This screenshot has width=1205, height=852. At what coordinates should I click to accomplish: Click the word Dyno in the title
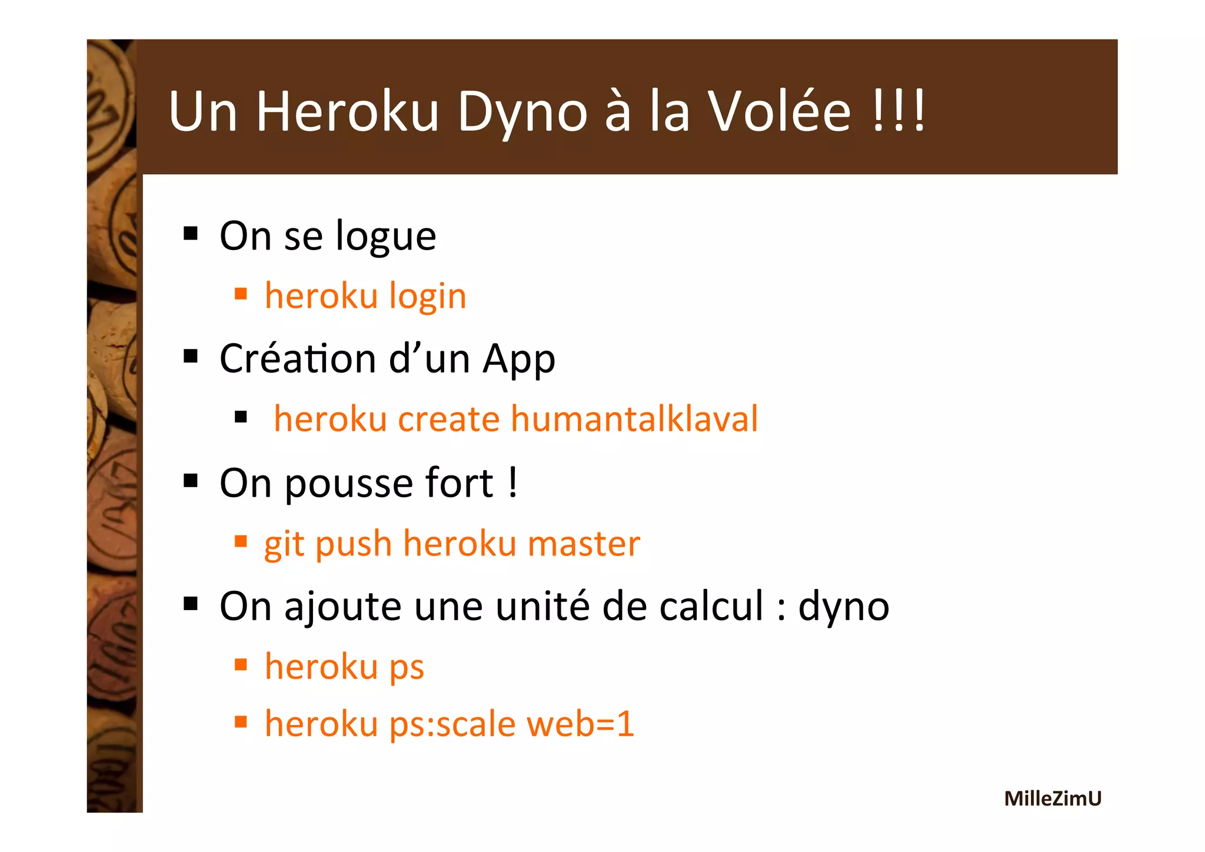(x=522, y=112)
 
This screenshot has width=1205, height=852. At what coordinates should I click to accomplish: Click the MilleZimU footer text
(x=1053, y=798)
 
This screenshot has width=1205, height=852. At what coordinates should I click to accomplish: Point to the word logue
(x=386, y=237)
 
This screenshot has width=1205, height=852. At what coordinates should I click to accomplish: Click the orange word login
(x=428, y=296)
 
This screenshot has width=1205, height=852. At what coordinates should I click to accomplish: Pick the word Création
(x=298, y=358)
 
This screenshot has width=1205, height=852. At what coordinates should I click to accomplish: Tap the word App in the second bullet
(x=518, y=360)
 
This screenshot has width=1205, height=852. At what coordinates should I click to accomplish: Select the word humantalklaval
(x=634, y=419)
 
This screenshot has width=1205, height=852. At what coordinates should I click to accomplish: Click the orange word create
(x=449, y=420)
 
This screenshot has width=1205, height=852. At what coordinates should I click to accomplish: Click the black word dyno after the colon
(x=843, y=607)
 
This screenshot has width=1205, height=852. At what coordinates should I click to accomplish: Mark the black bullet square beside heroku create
(x=240, y=418)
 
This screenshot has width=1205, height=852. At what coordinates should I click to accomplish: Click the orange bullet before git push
(x=240, y=541)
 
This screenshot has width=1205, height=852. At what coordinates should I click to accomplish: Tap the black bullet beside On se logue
(x=191, y=234)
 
